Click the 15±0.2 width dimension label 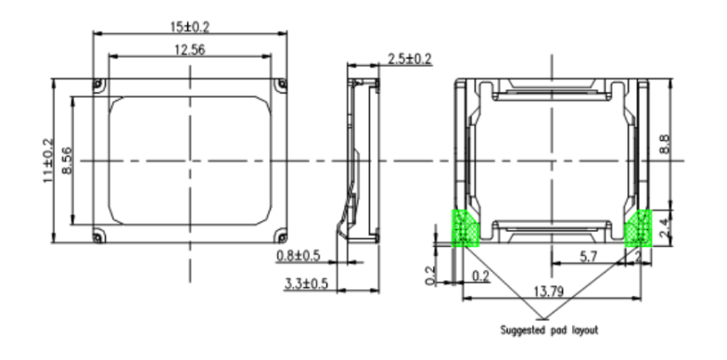pos(189,27)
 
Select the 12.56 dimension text pos(189,50)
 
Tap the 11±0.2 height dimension pos(48,161)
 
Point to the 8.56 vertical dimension pos(67,161)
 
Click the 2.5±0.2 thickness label pos(410,59)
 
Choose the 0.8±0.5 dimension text pos(299,256)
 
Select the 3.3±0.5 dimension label pos(306,284)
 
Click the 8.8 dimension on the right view pos(664,144)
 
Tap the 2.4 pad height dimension pos(664,228)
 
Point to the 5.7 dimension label pos(588,256)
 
